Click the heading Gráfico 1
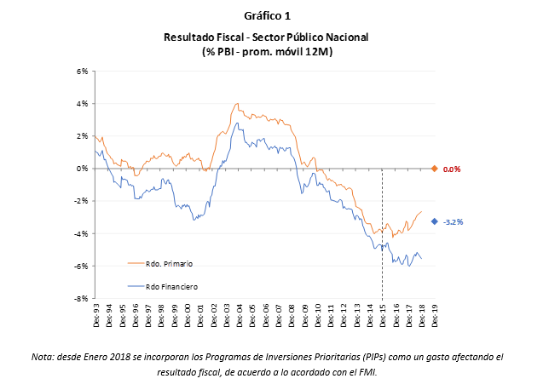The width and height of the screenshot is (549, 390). pos(268,16)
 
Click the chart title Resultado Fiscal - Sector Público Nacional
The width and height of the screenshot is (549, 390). pos(267,37)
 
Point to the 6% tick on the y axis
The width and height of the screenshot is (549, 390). pos(83,72)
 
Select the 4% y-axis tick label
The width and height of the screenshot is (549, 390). pos(83,104)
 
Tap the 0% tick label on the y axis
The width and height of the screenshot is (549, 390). pos(83,169)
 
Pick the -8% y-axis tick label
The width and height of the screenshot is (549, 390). pos(82,299)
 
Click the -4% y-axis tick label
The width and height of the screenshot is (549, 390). pos(82,234)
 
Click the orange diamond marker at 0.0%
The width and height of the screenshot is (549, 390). pos(435,169)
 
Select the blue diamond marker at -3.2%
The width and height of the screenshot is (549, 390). pos(435,221)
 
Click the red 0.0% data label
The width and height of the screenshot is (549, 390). pos(452,169)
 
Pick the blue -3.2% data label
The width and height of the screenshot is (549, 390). pos(453,222)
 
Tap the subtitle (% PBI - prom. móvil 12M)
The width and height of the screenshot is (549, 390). pos(267,52)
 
